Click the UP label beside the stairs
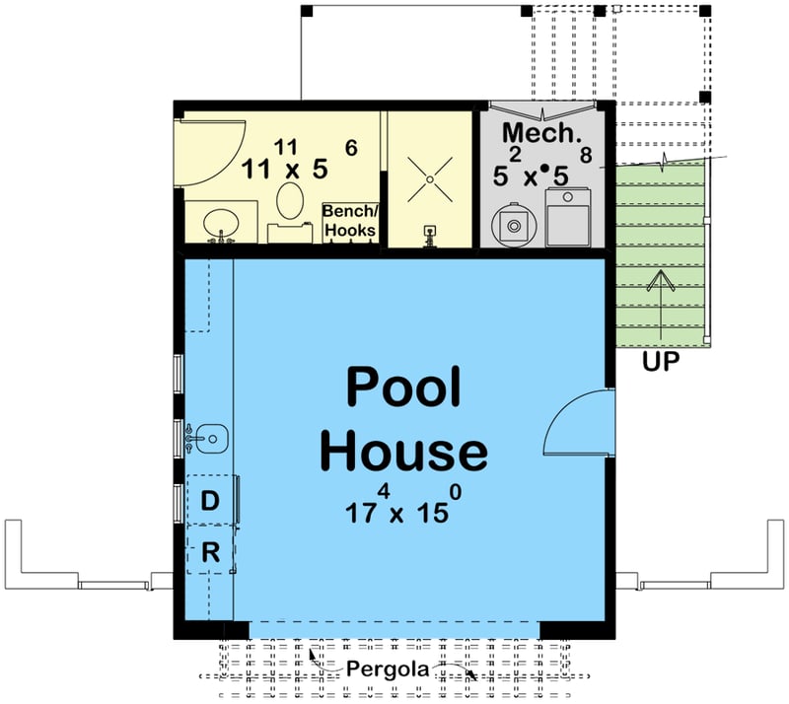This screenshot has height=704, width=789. [661, 361]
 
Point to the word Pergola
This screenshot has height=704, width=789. [388, 669]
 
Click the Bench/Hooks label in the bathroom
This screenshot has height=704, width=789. [350, 221]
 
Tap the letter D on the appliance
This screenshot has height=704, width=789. [210, 501]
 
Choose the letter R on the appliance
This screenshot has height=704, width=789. [210, 552]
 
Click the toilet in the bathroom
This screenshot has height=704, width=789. [290, 211]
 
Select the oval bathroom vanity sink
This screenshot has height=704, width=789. [221, 223]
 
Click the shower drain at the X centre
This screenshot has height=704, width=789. [430, 179]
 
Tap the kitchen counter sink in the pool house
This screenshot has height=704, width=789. [207, 439]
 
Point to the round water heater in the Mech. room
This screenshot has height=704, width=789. [514, 226]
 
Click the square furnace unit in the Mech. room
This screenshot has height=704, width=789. [568, 217]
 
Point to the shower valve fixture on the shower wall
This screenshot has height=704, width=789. [429, 237]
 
